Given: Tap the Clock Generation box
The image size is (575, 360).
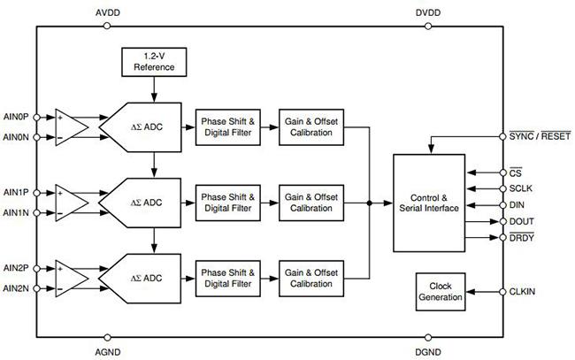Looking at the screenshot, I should [440, 292].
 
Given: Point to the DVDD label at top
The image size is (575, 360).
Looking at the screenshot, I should [429, 12].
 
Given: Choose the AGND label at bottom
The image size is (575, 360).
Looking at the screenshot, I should [106, 350].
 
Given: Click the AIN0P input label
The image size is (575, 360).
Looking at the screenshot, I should [16, 116].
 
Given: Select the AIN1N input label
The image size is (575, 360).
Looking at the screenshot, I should [16, 212].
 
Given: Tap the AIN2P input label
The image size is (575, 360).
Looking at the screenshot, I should [16, 268].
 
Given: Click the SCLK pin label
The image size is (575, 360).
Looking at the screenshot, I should [522, 188].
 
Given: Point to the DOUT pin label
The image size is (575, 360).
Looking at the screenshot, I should [522, 220].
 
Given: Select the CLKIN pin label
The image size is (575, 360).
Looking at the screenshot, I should [523, 291].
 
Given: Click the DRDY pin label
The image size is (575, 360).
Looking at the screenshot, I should [522, 236].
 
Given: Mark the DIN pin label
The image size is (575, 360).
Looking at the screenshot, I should [517, 204].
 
